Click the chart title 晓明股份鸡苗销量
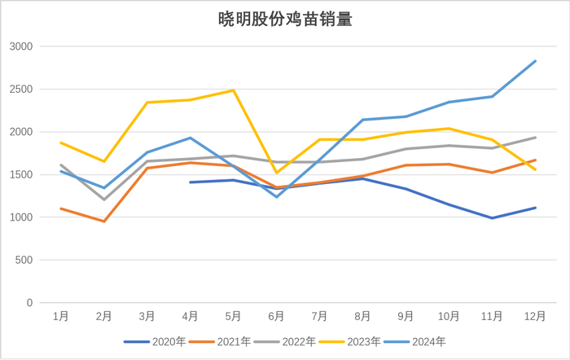(285, 19)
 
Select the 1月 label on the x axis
(60, 316)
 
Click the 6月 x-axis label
(276, 316)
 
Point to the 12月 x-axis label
(535, 316)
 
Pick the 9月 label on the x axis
(406, 316)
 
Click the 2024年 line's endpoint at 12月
(535, 61)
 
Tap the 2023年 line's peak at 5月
(233, 90)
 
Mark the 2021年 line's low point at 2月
(103, 222)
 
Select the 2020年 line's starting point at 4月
(190, 182)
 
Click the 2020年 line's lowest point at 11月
(492, 218)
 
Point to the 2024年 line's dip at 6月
(276, 197)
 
